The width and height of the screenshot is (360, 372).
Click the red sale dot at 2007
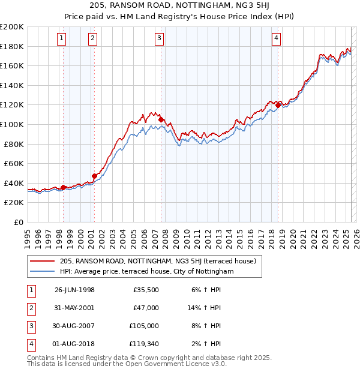point(161,119)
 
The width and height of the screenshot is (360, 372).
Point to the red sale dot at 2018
point(278,106)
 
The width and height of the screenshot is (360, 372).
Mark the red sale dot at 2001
point(94,176)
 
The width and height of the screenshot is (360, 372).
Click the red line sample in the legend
point(42,261)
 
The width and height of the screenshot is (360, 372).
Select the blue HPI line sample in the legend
point(42,271)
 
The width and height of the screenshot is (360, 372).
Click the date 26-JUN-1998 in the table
point(74,290)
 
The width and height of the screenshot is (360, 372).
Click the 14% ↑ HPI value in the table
point(204,308)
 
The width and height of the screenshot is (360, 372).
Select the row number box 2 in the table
point(31,308)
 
